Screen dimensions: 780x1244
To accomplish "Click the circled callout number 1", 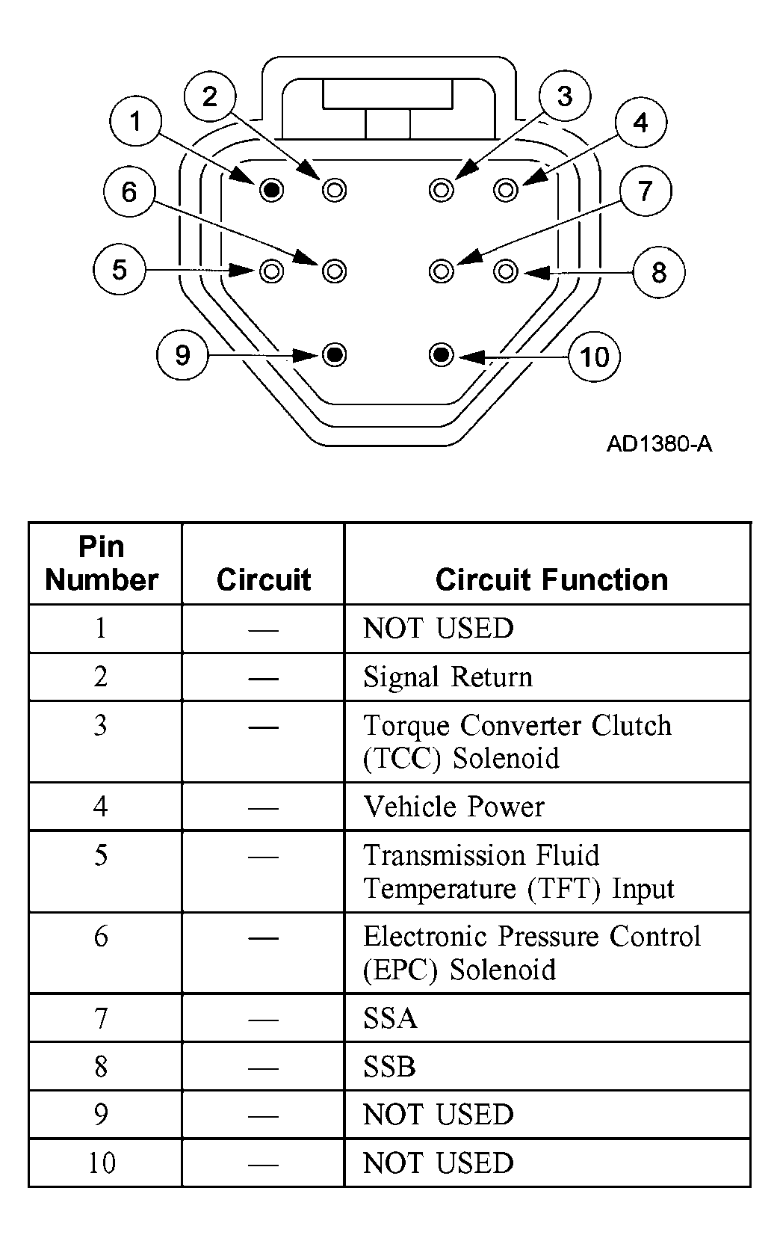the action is pyautogui.click(x=135, y=120).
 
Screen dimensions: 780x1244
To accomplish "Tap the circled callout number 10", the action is pyautogui.click(x=594, y=357).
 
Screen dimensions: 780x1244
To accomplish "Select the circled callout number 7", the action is pyautogui.click(x=645, y=191).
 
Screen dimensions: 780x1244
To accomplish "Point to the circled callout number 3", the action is pyautogui.click(x=565, y=96).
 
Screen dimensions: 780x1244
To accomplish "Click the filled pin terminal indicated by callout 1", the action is pyautogui.click(x=271, y=190).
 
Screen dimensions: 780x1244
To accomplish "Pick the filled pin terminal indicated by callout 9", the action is pyautogui.click(x=334, y=354).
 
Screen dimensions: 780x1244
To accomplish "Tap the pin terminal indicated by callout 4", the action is pyautogui.click(x=505, y=190).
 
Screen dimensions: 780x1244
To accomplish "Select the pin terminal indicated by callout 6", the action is pyautogui.click(x=334, y=271).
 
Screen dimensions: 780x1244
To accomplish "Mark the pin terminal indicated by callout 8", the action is pyautogui.click(x=505, y=271).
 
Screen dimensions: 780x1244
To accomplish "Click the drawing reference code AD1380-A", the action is pyautogui.click(x=659, y=444).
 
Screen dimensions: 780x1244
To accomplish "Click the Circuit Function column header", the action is pyautogui.click(x=551, y=580).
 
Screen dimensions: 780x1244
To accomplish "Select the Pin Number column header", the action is pyautogui.click(x=102, y=563).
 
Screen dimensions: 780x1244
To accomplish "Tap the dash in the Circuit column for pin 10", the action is pyautogui.click(x=263, y=1165).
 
